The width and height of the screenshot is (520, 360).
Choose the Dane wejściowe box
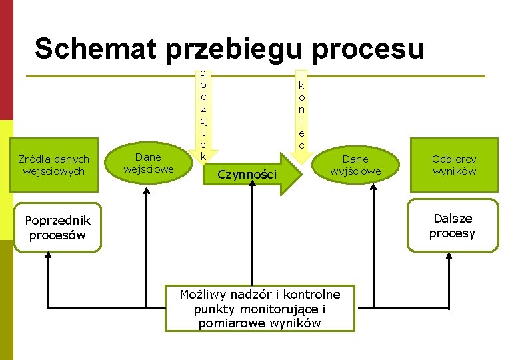click(x=147, y=163)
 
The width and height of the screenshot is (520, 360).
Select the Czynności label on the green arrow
click(x=247, y=175)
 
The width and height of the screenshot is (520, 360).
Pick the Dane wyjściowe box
click(x=355, y=165)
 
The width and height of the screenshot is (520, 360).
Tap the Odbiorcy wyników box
click(x=453, y=165)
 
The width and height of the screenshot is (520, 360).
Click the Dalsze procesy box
click(x=453, y=225)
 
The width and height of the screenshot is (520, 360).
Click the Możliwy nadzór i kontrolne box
click(x=259, y=308)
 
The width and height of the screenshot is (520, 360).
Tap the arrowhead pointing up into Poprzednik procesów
click(x=50, y=257)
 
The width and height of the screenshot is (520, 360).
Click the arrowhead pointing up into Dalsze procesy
click(x=447, y=257)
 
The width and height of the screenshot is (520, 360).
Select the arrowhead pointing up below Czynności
click(x=253, y=184)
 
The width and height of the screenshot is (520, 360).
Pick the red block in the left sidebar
click(x=6, y=60)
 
